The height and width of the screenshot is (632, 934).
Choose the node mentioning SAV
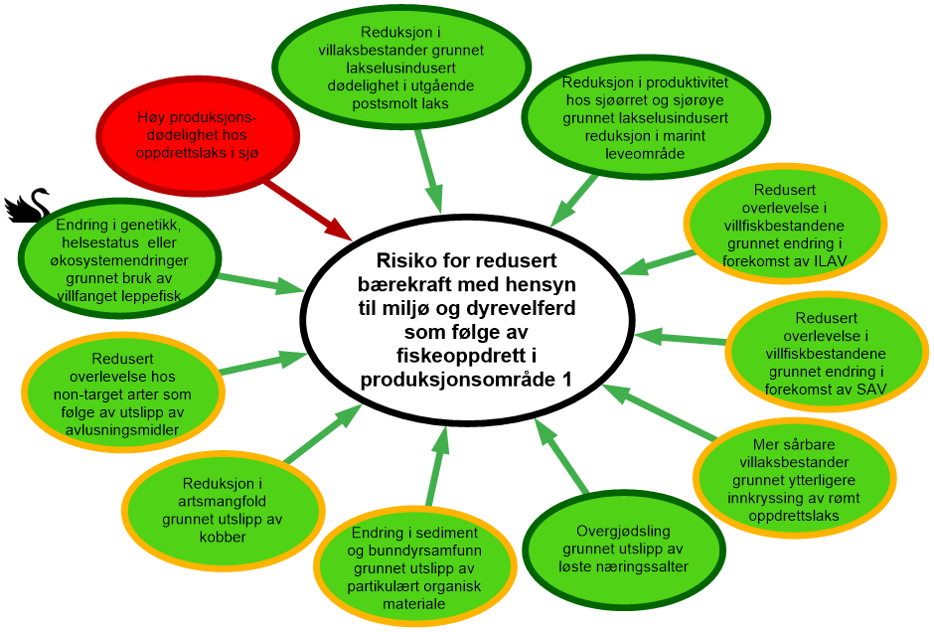pyautogui.click(x=827, y=354)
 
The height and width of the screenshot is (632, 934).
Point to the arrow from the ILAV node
pyautogui.click(x=656, y=262)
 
